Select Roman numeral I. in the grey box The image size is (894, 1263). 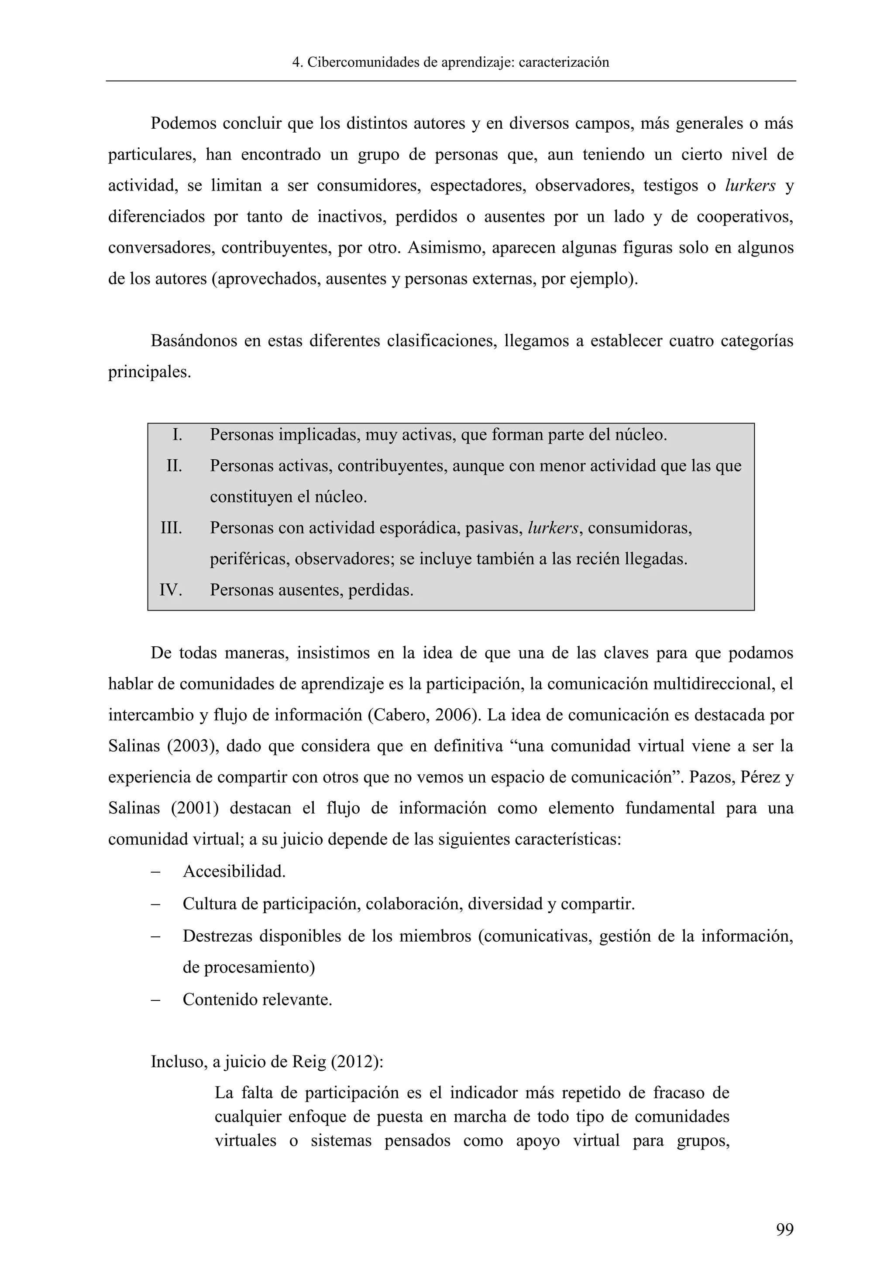pyautogui.click(x=177, y=435)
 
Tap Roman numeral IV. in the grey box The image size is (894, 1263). pyautogui.click(x=171, y=590)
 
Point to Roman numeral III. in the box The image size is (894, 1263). pyautogui.click(x=171, y=528)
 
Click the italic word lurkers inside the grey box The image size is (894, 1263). pyautogui.click(x=553, y=528)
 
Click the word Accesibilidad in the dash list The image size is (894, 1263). pyautogui.click(x=234, y=871)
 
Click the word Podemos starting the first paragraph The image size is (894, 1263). pyautogui.click(x=183, y=124)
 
